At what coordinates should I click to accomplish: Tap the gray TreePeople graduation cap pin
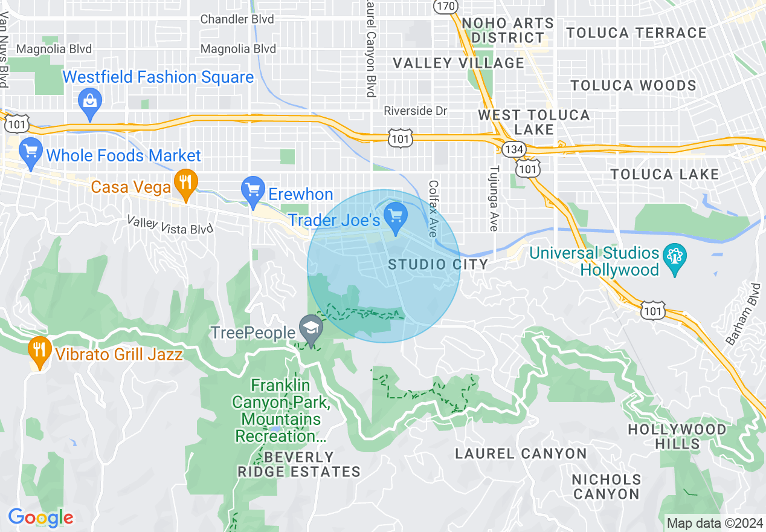click(x=311, y=330)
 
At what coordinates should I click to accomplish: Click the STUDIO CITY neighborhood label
click(x=437, y=264)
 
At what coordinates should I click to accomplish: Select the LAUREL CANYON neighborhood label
click(x=521, y=453)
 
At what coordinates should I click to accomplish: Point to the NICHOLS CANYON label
click(x=607, y=487)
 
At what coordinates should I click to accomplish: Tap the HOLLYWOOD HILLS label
click(x=677, y=436)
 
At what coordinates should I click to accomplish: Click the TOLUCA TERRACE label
click(x=636, y=33)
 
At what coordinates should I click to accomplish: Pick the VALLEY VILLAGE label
click(x=459, y=63)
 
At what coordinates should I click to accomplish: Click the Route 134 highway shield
click(x=515, y=149)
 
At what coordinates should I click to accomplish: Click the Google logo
click(x=40, y=518)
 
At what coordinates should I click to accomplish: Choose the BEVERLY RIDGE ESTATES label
click(x=299, y=464)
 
